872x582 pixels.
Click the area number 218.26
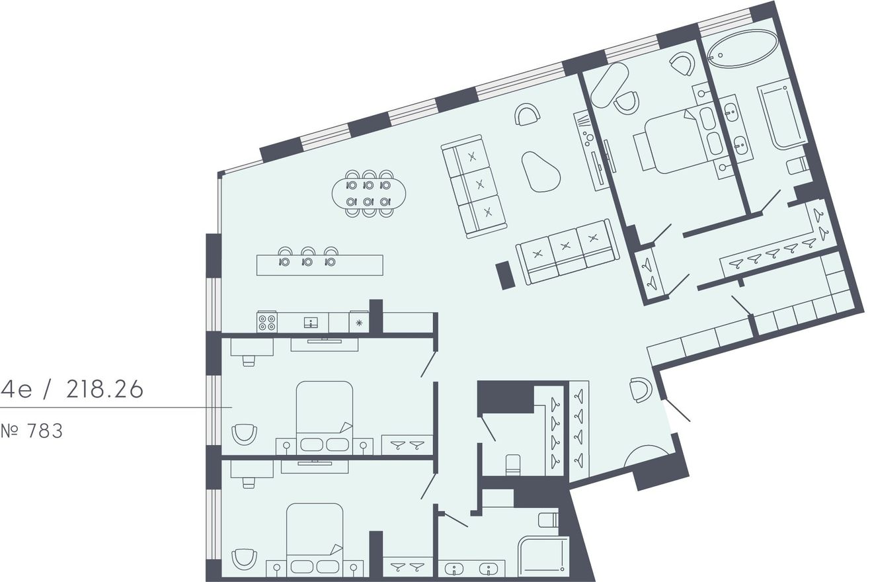click(x=104, y=389)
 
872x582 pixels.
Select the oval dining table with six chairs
click(x=369, y=193)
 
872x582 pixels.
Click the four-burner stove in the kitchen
click(x=267, y=322)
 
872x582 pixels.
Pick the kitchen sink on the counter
click(x=311, y=323)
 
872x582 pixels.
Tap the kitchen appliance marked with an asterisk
click(x=359, y=322)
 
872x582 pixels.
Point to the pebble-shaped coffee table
click(x=541, y=172)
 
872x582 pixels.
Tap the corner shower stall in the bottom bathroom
click(x=543, y=557)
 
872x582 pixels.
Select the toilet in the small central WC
click(x=513, y=464)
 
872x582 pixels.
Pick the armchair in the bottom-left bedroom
click(x=244, y=560)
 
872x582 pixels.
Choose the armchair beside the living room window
click(x=528, y=114)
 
